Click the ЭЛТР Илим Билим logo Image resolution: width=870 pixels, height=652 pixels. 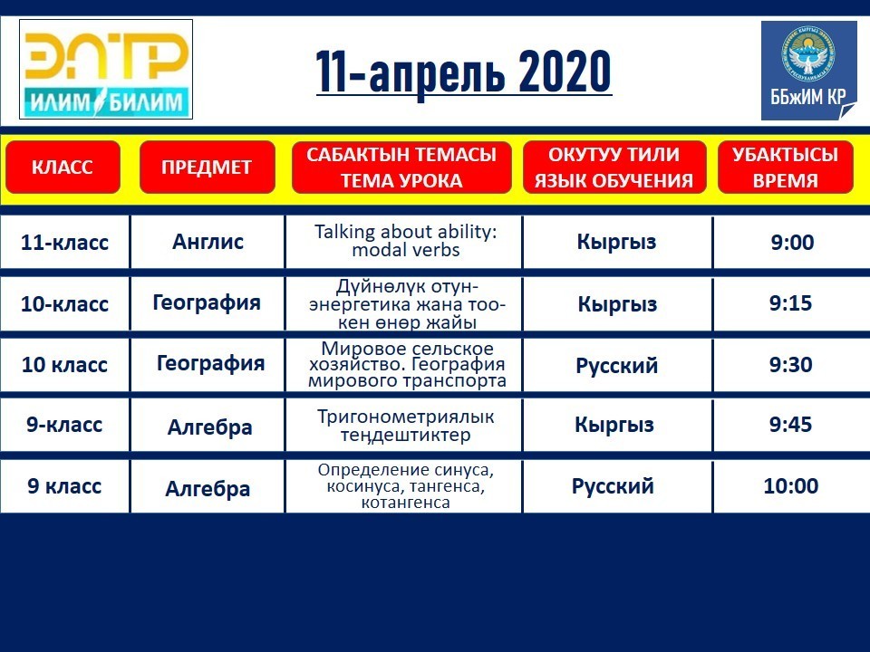106,70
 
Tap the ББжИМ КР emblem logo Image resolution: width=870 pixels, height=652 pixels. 809,71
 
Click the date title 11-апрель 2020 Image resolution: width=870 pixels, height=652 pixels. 464,72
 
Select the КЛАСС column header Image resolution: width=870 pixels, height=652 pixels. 63,167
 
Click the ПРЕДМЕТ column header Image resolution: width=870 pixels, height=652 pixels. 207,167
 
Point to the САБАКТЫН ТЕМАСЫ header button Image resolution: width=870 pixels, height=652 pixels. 401,167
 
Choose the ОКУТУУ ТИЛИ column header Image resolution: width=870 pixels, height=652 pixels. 614,167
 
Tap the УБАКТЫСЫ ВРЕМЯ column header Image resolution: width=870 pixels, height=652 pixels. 785,167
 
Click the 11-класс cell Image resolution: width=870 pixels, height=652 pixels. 64,243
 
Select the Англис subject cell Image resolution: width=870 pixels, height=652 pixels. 208,243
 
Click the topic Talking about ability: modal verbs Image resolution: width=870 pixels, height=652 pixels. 406,241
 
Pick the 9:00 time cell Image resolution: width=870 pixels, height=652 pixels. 792,243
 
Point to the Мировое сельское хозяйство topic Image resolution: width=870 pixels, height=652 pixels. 407,365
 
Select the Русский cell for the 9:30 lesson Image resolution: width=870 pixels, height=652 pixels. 617,365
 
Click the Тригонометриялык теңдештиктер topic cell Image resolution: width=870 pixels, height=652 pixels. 406,426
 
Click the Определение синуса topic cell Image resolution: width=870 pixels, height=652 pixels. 406,486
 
